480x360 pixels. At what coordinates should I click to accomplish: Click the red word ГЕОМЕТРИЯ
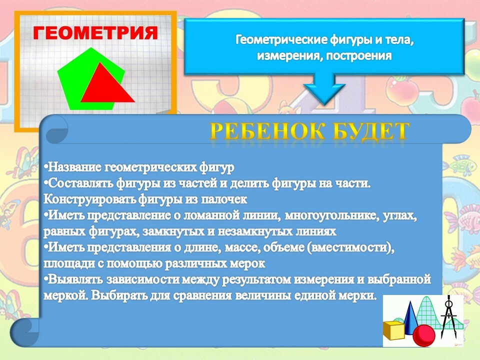coord(95,33)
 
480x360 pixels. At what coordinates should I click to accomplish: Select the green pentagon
coord(91,78)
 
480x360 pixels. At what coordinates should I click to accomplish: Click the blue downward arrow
coord(324,89)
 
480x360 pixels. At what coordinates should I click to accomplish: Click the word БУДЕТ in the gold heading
coord(370,131)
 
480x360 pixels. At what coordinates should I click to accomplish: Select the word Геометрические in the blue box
coord(281,40)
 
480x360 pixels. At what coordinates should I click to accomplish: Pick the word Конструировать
coord(90,199)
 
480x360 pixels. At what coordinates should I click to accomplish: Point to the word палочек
coord(224,199)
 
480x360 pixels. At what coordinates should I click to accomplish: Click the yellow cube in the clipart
coord(393,330)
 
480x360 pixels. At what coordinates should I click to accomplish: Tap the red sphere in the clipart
coord(423,335)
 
